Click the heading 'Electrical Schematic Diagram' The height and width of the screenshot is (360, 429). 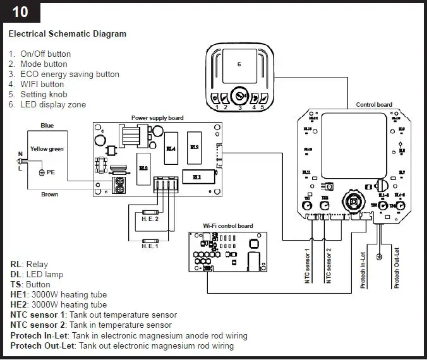coord(68,33)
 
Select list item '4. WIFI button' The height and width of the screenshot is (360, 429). coord(42,84)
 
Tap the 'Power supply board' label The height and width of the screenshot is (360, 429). coord(158,118)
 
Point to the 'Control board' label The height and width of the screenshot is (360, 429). coord(374,105)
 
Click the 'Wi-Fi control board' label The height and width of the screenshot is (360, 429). coord(227,225)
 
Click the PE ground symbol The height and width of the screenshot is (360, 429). coord(42,172)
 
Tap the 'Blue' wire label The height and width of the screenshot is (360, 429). coord(47,126)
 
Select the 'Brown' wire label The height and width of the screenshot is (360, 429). coord(50,195)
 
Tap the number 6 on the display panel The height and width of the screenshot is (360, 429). coord(239,64)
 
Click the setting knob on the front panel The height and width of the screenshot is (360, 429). coord(239,98)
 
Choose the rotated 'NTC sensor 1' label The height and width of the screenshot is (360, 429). coord(308,266)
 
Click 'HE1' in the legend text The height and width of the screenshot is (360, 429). coord(19,295)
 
